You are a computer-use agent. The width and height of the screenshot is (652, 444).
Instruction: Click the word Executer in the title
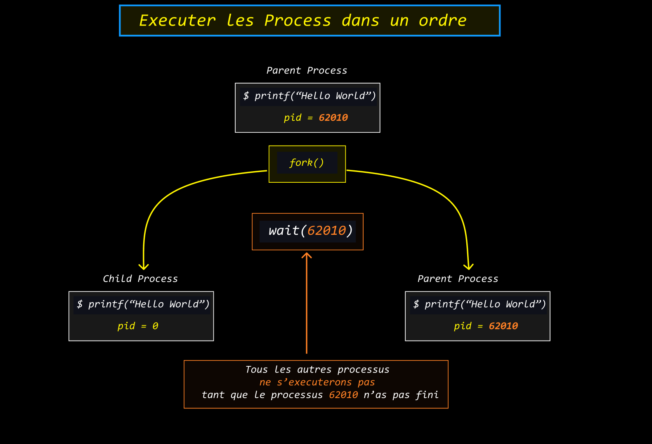pos(177,20)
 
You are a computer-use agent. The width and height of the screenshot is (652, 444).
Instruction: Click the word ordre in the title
pos(442,20)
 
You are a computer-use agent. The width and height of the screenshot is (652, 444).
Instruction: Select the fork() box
pos(307,164)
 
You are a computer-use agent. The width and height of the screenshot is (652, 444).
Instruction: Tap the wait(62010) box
pos(308,232)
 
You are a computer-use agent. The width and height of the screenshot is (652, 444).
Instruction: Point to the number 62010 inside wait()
pos(326,231)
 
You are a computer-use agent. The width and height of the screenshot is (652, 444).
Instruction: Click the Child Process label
pos(140,279)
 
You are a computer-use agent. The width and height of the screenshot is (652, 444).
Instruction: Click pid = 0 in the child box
pos(138,326)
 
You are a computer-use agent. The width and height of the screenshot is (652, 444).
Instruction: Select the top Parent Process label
pos(307,70)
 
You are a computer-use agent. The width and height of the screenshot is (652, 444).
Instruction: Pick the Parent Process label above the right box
pos(458,279)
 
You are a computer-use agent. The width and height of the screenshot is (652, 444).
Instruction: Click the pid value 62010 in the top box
pos(333,117)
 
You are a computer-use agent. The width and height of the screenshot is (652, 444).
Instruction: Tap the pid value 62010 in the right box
pos(503,326)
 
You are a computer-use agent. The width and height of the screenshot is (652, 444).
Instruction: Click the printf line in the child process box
pos(143,304)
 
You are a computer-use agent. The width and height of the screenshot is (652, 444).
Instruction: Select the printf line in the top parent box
pos(309,96)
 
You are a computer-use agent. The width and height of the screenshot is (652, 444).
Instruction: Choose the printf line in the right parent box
pos(480,304)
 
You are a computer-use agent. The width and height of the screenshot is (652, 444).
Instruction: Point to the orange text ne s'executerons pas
pos(317,382)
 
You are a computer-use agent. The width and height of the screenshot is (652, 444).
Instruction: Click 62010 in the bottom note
pos(343,395)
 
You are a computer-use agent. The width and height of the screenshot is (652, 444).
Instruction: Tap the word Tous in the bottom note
pos(256,370)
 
